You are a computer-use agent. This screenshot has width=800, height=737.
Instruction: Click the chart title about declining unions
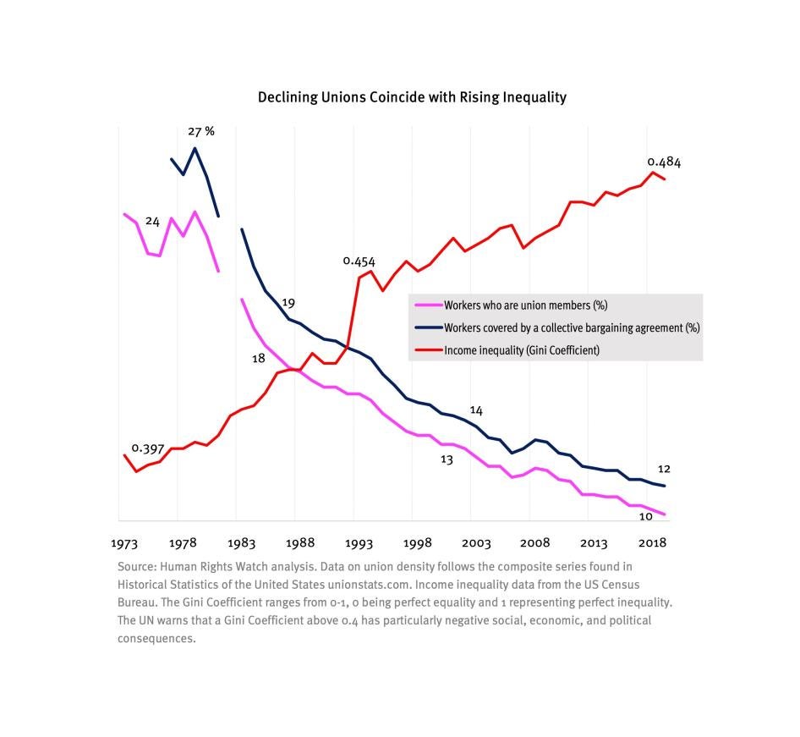412,97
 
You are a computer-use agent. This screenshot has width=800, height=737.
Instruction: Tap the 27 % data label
201,132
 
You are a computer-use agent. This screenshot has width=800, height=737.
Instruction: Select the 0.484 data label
664,162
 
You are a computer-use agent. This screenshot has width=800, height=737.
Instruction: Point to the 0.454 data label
359,261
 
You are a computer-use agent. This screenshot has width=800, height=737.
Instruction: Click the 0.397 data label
147,448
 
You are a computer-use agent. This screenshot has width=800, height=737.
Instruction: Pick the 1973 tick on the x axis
124,542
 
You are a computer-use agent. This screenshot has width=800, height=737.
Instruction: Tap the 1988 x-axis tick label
300,542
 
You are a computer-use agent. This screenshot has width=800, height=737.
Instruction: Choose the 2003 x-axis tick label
476,542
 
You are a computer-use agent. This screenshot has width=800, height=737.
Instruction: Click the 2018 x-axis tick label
652,542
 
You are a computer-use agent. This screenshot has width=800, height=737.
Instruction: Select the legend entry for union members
524,305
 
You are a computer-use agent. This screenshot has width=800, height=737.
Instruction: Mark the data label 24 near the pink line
152,222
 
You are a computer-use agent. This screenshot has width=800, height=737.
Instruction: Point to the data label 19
288,303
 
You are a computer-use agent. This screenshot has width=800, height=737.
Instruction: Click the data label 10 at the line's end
645,516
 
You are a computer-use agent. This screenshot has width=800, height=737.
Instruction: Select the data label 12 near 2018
664,469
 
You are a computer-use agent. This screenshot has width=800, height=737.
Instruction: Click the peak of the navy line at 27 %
195,149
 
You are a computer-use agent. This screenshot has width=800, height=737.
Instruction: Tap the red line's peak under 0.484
653,173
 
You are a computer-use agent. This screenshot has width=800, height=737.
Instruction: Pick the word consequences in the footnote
156,638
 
